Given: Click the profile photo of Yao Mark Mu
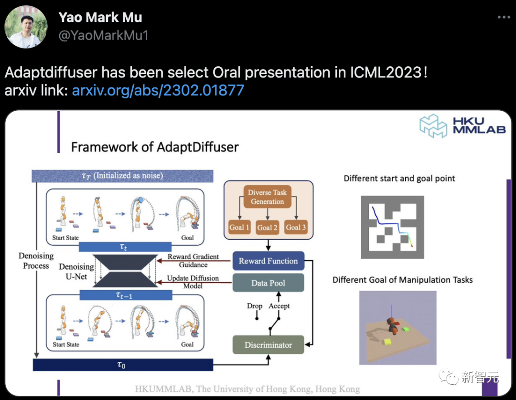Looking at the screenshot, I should [26, 27].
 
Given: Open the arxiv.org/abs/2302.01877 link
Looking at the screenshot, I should [158, 90].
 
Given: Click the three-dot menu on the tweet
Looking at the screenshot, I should [504, 18].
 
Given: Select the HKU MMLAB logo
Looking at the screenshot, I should [462, 126].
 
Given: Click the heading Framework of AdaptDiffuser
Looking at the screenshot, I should [154, 147].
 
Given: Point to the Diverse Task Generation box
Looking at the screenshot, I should [267, 197].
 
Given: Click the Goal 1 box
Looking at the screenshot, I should [239, 227].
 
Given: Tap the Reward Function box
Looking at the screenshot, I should [268, 261].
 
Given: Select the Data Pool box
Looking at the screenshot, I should [268, 283].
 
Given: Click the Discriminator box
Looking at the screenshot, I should [268, 345].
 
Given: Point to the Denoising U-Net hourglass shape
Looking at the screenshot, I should [126, 271].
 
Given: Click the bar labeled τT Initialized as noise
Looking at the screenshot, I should [122, 176].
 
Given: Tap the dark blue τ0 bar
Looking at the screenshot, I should [122, 365].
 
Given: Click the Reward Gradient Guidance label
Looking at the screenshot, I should [193, 261].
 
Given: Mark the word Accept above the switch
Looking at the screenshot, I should [279, 306].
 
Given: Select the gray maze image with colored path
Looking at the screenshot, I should [392, 227].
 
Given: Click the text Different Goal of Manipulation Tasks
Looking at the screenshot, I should [402, 280].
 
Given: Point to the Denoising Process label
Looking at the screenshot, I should [36, 261].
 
